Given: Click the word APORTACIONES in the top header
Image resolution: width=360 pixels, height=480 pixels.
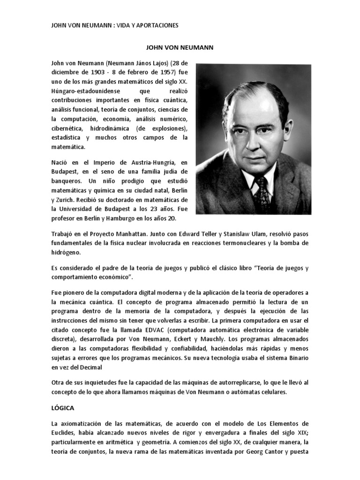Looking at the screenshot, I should pyautogui.click(x=157, y=25).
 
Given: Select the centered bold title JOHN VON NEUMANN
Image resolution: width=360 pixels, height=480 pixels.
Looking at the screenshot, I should pyautogui.click(x=180, y=47).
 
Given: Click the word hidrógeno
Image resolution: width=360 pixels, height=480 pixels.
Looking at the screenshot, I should pyautogui.click(x=67, y=252).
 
